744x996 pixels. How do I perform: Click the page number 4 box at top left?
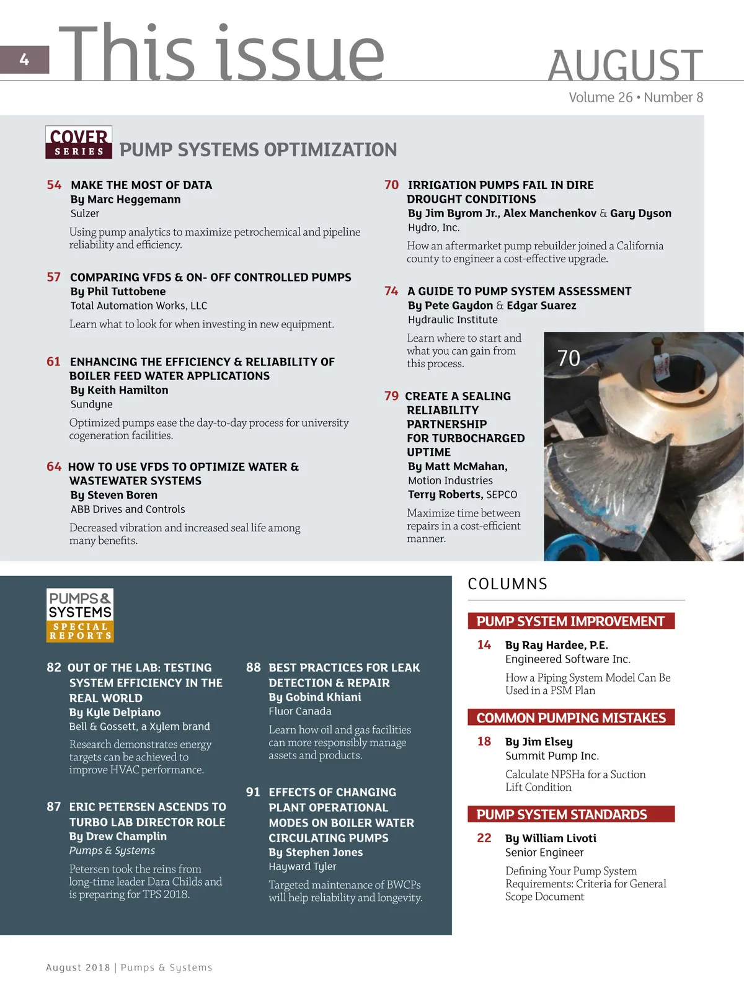click(x=24, y=60)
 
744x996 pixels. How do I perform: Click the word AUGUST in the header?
click(x=625, y=66)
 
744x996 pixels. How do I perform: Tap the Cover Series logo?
click(x=79, y=143)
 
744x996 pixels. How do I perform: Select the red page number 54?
click(x=54, y=185)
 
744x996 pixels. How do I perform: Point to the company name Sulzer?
click(x=85, y=213)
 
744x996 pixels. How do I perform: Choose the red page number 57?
click(x=54, y=277)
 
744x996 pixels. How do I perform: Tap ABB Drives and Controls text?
click(x=128, y=509)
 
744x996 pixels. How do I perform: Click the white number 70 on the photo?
click(x=569, y=358)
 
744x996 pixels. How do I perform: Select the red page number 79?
click(x=391, y=396)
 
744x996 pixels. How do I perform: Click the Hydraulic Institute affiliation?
click(x=453, y=319)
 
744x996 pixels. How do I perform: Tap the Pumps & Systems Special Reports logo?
click(x=80, y=615)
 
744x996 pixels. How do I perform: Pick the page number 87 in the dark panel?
click(x=54, y=806)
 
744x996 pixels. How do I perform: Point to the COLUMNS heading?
click(x=508, y=584)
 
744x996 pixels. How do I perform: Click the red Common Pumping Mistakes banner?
click(x=571, y=718)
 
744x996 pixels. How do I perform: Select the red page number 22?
click(x=484, y=838)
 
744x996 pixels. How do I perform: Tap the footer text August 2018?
click(x=78, y=967)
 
